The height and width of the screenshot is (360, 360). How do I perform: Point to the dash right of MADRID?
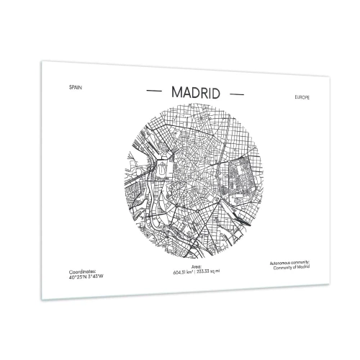(x=235, y=94)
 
